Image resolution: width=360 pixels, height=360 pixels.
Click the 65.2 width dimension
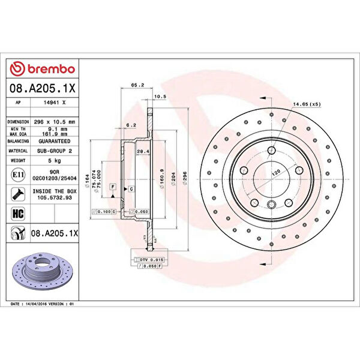click(136, 85)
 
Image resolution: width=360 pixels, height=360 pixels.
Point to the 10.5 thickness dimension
click(160, 97)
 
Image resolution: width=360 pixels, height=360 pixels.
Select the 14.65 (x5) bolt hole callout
click(307, 105)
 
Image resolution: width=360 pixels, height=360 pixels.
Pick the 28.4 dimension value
click(143, 151)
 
